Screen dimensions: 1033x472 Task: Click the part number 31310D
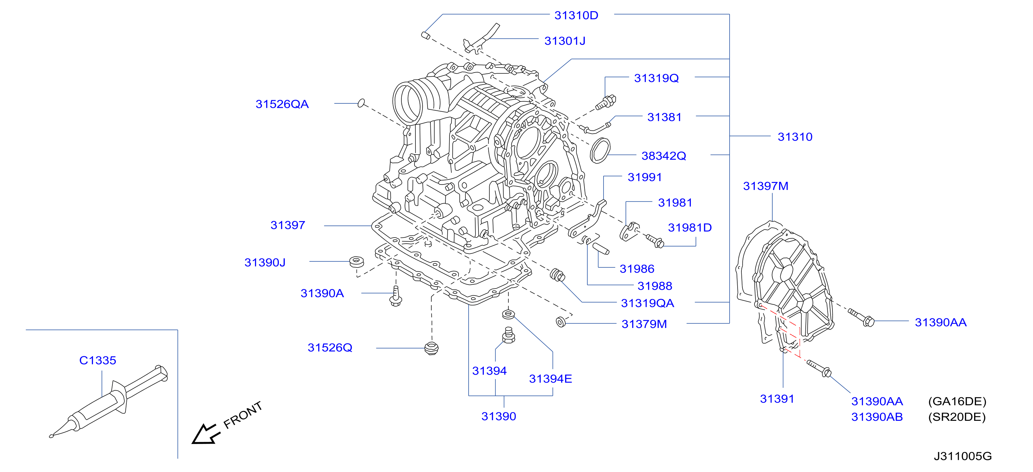pyautogui.click(x=576, y=15)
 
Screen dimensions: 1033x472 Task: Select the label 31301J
pyautogui.click(x=565, y=41)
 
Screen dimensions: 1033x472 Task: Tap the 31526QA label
pyautogui.click(x=282, y=104)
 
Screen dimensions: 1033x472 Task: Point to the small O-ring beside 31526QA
pyautogui.click(x=361, y=103)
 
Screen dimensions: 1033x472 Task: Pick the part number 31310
pyautogui.click(x=795, y=137)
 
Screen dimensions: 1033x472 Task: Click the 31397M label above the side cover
pyautogui.click(x=766, y=186)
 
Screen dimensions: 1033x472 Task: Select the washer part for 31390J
pyautogui.click(x=357, y=262)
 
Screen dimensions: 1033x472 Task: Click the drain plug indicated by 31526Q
pyautogui.click(x=431, y=348)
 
